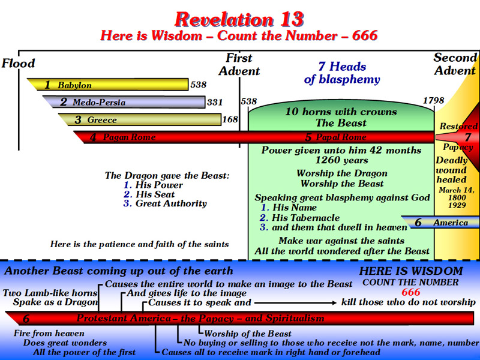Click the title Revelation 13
(x=239, y=19)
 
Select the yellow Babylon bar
(x=108, y=85)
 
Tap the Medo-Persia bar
(x=124, y=102)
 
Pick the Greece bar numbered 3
(x=140, y=119)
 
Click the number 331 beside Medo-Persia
(x=215, y=102)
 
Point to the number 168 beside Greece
(x=230, y=119)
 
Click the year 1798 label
(x=433, y=100)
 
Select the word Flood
(x=18, y=64)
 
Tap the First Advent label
(x=239, y=65)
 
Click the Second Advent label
(x=455, y=64)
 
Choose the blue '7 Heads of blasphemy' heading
(x=342, y=73)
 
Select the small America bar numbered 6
(x=440, y=222)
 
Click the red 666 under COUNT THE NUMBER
(x=410, y=292)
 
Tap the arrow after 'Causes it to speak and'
(x=295, y=303)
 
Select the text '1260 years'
(x=341, y=160)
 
